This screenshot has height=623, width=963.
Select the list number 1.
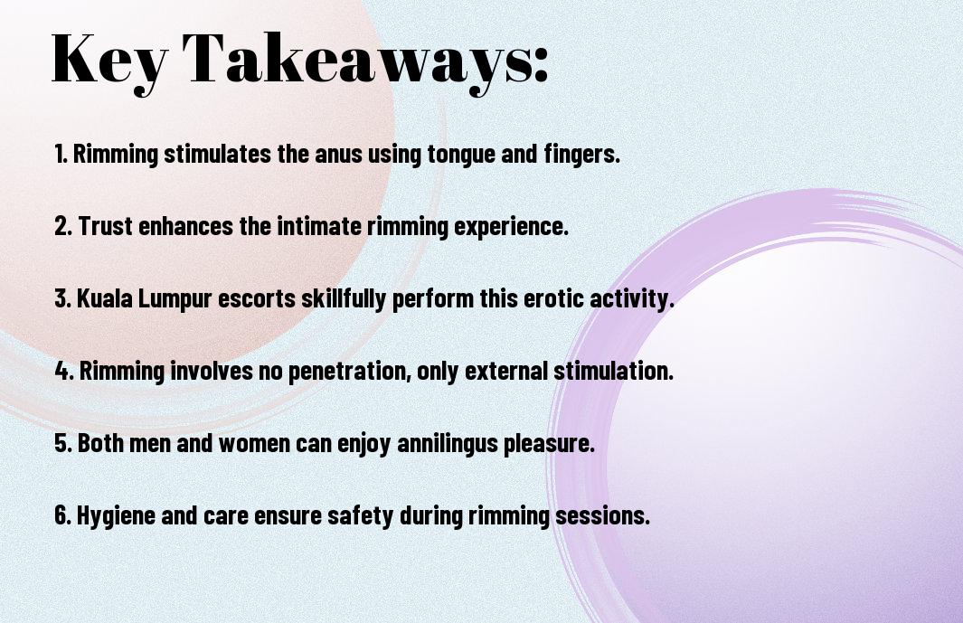(x=61, y=154)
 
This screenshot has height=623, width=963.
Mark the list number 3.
(x=62, y=298)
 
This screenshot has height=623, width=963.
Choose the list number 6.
(x=62, y=514)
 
